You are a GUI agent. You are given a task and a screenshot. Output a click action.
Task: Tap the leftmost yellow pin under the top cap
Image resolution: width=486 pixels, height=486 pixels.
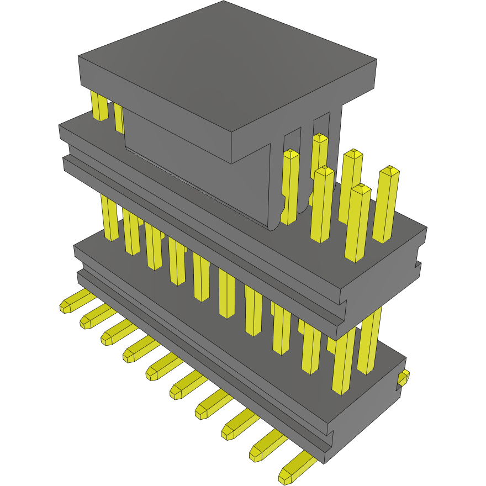tap(99, 107)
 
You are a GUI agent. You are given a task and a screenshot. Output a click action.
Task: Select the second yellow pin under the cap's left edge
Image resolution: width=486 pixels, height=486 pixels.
tap(119, 117)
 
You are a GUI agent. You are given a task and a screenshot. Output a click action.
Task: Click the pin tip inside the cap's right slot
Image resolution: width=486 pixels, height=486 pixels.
tap(319, 166)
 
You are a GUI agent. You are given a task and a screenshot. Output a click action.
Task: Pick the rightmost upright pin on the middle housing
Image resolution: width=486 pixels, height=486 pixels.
tap(387, 204)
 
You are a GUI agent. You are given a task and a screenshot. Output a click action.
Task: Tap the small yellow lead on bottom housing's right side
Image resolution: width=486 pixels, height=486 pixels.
tap(403, 378)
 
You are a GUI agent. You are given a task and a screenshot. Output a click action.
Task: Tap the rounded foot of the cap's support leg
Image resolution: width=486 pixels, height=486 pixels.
tap(274, 223)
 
